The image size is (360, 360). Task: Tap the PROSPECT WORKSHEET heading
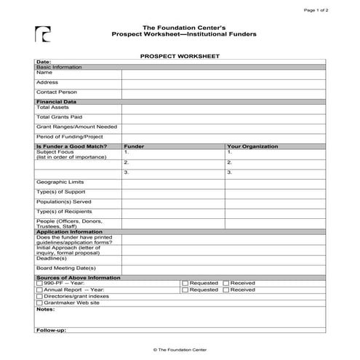(179, 55)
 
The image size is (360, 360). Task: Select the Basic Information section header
(60, 67)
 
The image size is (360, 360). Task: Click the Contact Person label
(57, 92)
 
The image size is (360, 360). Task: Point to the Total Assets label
(52, 107)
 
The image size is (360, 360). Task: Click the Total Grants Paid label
(59, 116)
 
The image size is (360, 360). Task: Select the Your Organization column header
(252, 146)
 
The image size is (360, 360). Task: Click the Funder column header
(134, 146)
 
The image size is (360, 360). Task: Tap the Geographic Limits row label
(60, 182)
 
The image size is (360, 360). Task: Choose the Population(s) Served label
(64, 201)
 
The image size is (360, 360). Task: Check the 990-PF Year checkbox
(39, 283)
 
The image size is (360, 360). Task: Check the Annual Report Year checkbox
(39, 289)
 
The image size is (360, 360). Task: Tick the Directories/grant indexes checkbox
(39, 296)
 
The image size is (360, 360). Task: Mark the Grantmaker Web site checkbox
(39, 303)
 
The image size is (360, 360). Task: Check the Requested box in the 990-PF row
(185, 283)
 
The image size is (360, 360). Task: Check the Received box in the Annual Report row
(225, 289)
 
